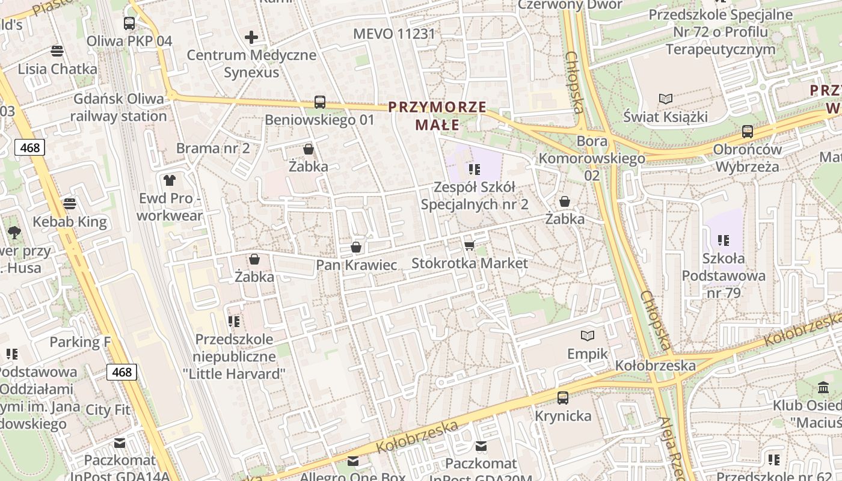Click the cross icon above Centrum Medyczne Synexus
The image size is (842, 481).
[251, 38]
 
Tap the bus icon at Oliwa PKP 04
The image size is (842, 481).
[129, 23]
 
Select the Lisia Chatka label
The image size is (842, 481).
[57, 69]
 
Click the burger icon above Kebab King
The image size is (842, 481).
[70, 204]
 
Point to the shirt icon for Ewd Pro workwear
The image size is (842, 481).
[170, 180]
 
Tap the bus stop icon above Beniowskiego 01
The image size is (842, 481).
[320, 102]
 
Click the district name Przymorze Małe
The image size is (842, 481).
[437, 116]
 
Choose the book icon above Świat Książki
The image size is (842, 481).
[665, 99]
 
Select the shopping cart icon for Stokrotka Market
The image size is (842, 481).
[470, 245]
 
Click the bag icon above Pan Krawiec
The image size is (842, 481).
[356, 247]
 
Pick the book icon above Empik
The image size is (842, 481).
[588, 335]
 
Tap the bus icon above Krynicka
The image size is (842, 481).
[563, 397]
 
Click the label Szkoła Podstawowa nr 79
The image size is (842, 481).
[724, 276]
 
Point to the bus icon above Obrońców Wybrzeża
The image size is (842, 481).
[748, 131]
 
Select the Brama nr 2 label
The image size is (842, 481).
[213, 148]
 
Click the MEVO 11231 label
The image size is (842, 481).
[394, 34]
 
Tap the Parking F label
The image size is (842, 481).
[80, 342]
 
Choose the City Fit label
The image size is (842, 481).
[108, 410]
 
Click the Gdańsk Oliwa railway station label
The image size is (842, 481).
[118, 108]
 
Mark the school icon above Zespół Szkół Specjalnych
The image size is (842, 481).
[475, 170]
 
